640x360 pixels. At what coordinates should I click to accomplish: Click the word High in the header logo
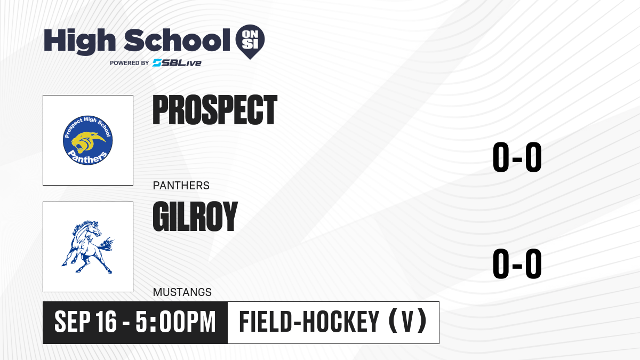tap(80, 42)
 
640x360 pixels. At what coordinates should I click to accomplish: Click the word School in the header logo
tap(177, 39)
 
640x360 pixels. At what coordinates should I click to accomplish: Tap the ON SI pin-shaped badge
tap(250, 42)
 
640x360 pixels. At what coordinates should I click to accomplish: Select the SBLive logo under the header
tap(177, 63)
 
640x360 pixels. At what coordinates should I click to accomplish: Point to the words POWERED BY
tap(130, 63)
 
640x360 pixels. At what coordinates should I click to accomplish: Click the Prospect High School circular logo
tap(87, 140)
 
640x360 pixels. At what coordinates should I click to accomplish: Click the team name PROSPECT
tap(215, 110)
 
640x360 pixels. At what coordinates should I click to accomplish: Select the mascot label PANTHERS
tap(181, 186)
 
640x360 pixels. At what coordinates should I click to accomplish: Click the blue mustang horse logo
tap(87, 247)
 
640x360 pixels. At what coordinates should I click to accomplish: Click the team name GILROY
tap(195, 217)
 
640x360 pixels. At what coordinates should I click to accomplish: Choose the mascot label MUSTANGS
tap(182, 292)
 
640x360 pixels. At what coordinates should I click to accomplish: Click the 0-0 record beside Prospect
tap(517, 157)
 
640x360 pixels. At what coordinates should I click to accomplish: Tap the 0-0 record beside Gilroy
tap(517, 263)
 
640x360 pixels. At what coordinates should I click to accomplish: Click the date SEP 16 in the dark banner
tap(85, 322)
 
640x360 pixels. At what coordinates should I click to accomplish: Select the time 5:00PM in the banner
tap(175, 322)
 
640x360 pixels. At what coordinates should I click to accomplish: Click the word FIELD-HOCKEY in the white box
tap(309, 322)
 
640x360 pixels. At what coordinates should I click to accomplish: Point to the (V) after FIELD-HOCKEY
tap(407, 322)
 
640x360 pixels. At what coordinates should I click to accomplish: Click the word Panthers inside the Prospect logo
tap(87, 157)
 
